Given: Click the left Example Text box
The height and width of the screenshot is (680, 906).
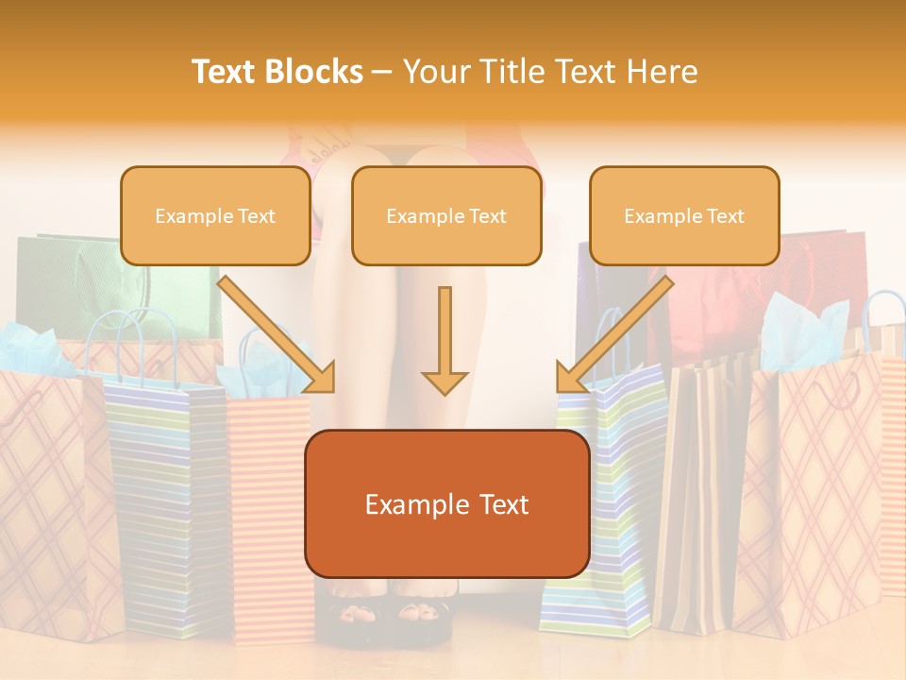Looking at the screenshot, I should click(215, 216).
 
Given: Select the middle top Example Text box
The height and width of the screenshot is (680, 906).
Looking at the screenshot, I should click(446, 216).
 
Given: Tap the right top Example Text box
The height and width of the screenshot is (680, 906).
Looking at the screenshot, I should click(684, 216).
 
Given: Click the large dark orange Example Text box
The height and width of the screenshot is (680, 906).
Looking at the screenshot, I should click(446, 504).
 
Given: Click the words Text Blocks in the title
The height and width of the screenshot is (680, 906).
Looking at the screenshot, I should click(277, 72).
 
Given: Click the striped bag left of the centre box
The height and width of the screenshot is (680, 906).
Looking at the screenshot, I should click(160, 501).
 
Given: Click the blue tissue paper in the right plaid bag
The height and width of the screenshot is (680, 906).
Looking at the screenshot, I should click(802, 331).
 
